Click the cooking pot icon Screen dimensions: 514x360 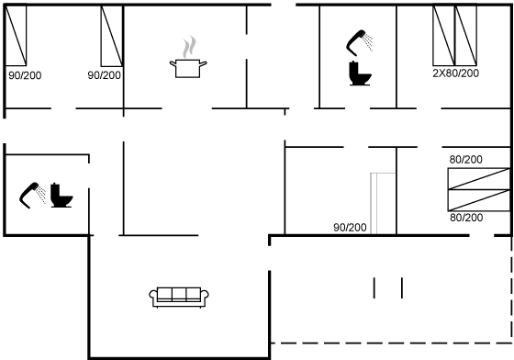[x=188, y=68]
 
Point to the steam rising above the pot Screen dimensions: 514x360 [x=189, y=47]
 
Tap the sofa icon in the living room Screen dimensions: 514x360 [x=179, y=297]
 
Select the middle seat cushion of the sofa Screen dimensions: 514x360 [x=179, y=294]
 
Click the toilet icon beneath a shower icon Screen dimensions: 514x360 [x=360, y=73]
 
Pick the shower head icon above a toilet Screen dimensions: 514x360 [x=359, y=42]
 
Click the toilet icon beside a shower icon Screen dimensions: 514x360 [x=61, y=195]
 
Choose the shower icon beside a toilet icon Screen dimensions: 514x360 [x=33, y=195]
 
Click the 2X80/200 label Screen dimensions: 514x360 [x=455, y=73]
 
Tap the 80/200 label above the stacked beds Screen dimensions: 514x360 [x=466, y=160]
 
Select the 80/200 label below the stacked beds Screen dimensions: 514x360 [x=466, y=218]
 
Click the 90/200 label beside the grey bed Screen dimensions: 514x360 [x=350, y=227]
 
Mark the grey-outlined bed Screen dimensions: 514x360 [x=383, y=204]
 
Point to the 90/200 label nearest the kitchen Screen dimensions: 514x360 [x=105, y=75]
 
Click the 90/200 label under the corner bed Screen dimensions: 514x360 [x=25, y=75]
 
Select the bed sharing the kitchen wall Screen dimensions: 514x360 [x=112, y=36]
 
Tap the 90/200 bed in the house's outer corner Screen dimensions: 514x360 [x=16, y=36]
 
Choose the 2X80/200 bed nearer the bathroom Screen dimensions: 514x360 [x=444, y=36]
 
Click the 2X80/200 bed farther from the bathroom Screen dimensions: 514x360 [x=466, y=36]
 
